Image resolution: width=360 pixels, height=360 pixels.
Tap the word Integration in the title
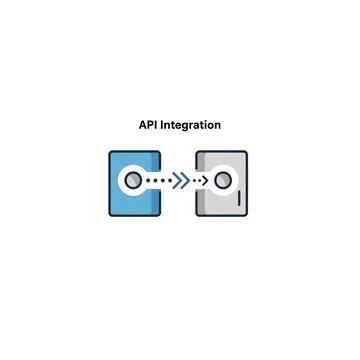(x=192, y=126)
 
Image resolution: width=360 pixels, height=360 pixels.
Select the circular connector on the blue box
(x=132, y=181)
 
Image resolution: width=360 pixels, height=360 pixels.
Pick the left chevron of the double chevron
(x=177, y=181)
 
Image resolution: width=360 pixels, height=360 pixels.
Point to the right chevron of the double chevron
(x=185, y=181)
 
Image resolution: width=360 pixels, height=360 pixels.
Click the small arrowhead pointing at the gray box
(x=204, y=181)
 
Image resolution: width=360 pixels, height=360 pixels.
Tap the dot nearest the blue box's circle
(x=148, y=181)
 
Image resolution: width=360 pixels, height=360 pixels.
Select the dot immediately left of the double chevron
(x=169, y=181)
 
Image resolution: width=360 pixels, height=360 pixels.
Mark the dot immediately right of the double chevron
(x=195, y=181)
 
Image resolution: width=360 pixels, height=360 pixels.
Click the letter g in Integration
(x=186, y=127)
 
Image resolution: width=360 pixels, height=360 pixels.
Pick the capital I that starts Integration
(x=164, y=126)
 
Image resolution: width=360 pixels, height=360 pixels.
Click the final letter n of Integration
(x=218, y=127)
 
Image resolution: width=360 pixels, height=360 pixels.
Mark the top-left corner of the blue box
(x=109, y=153)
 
